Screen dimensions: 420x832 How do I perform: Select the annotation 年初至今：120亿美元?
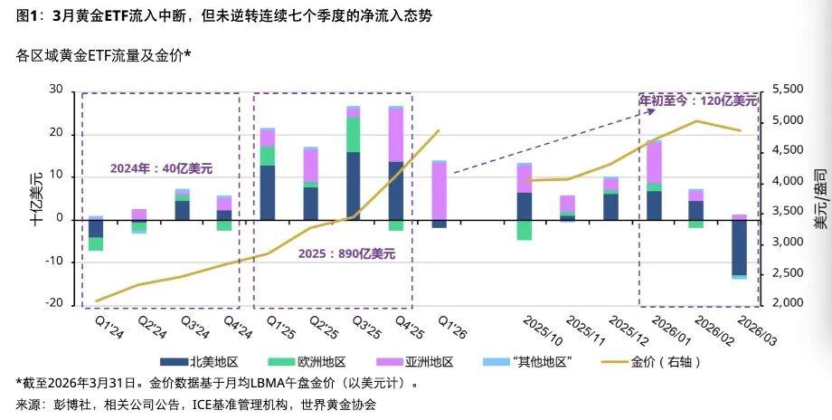coord(698,100)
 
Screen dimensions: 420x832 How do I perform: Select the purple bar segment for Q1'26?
coord(439,190)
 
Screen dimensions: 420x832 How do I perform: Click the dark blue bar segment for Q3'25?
coord(354,186)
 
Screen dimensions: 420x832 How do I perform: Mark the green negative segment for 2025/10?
coord(525,229)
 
